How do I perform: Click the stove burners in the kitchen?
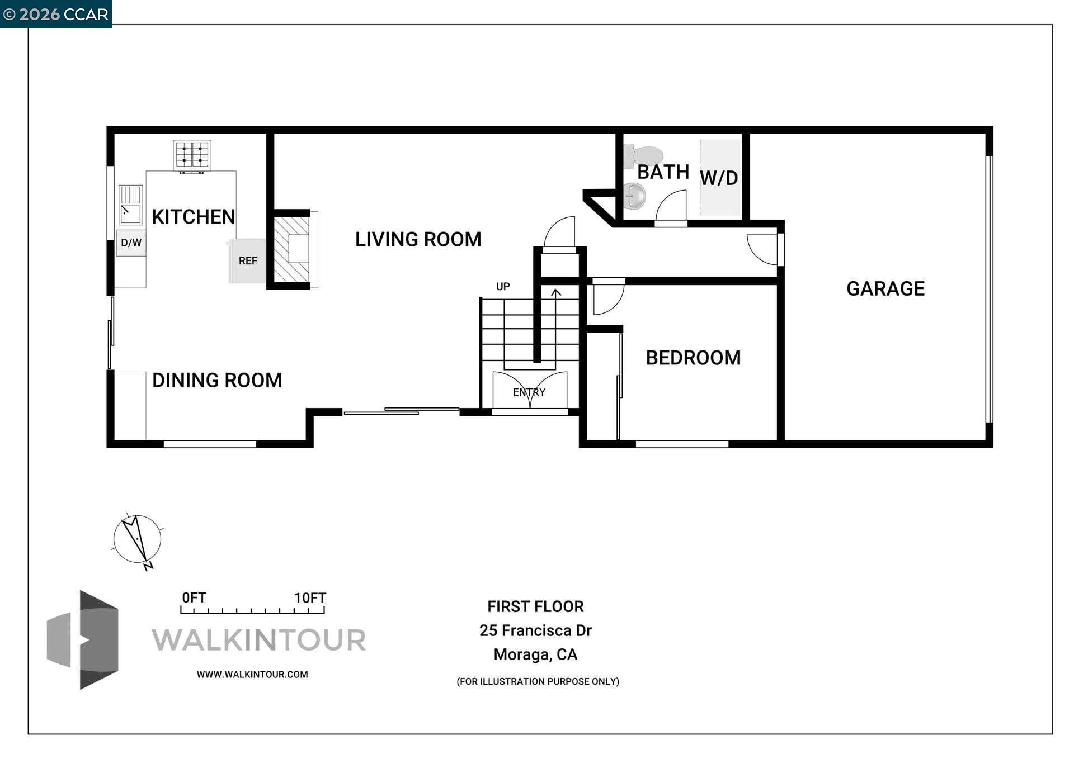[192, 155]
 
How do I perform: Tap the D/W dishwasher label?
[131, 243]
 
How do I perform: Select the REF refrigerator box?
[248, 261]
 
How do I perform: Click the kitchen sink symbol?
[130, 205]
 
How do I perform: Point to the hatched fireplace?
[291, 249]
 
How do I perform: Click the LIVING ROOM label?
[418, 239]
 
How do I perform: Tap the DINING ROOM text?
[217, 380]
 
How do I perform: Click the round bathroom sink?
[635, 196]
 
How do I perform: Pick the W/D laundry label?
[719, 178]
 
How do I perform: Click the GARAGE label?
[885, 288]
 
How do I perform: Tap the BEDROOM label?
[693, 358]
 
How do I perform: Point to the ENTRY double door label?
[529, 392]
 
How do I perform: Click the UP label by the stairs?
[503, 287]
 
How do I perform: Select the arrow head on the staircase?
[555, 292]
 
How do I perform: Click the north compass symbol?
[138, 539]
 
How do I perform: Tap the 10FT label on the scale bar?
[310, 597]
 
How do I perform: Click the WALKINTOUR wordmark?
[258, 640]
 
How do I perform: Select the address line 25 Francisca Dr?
[535, 630]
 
